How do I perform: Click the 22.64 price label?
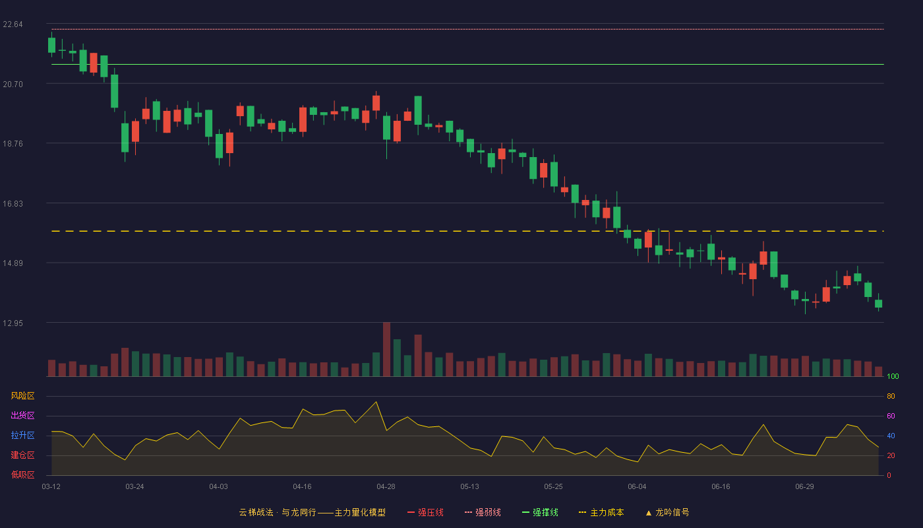(x=13, y=24)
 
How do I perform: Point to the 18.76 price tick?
(x=13, y=144)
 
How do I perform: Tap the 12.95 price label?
(x=13, y=323)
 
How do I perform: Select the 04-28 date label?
(x=386, y=487)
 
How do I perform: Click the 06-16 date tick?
(x=721, y=487)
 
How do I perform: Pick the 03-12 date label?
(x=51, y=487)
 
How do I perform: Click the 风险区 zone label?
(x=22, y=396)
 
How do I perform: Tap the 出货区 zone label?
(x=22, y=415)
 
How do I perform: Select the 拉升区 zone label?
(x=22, y=435)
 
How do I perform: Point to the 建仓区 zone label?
(x=22, y=455)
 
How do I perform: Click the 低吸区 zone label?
(x=22, y=475)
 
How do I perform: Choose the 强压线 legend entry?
(x=425, y=512)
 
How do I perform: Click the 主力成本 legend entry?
(x=601, y=512)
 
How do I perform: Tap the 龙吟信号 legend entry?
(x=667, y=512)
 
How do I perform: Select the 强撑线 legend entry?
(x=540, y=512)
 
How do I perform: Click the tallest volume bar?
(x=386, y=349)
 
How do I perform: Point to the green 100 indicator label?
(x=893, y=376)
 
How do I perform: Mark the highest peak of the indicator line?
(x=376, y=402)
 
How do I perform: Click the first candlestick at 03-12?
(x=51, y=45)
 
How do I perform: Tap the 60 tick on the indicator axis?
(x=891, y=416)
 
